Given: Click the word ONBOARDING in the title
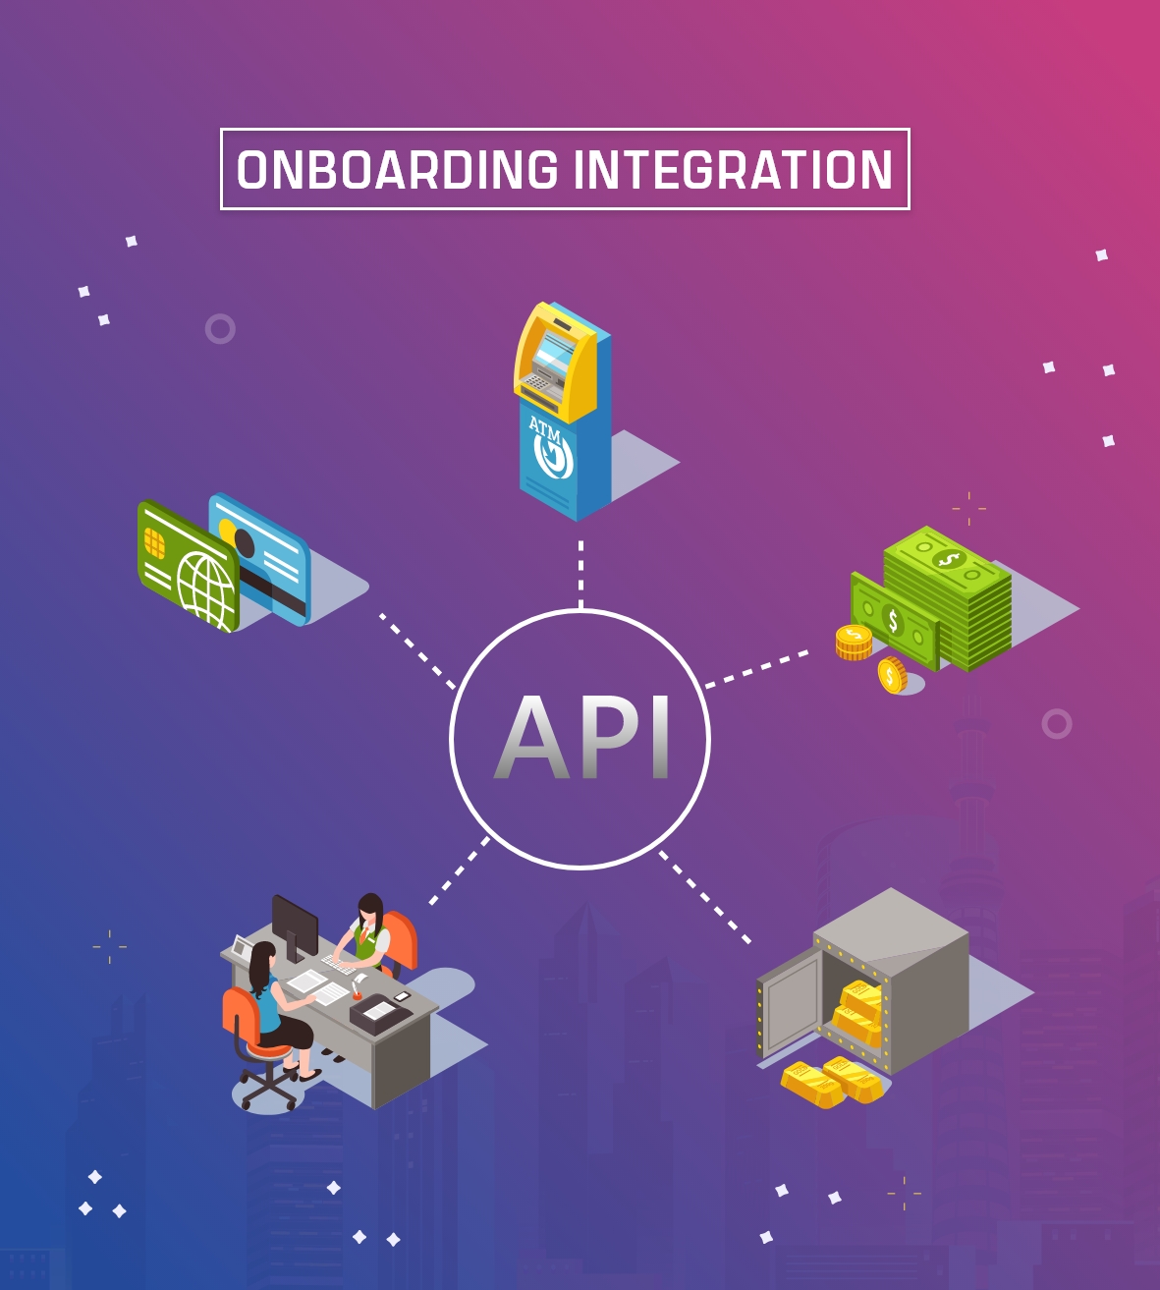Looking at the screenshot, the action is (398, 170).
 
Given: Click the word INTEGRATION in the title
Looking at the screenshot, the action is (733, 170).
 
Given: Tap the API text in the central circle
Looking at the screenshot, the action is (581, 738).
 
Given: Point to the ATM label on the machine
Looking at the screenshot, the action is (544, 428).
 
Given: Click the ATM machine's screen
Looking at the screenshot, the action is (556, 351).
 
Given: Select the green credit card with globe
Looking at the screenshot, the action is (189, 568).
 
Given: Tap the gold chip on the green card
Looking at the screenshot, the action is (154, 541).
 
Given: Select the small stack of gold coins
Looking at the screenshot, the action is (854, 642).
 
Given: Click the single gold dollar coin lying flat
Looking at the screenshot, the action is (892, 675).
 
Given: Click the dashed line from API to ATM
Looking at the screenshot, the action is (580, 574).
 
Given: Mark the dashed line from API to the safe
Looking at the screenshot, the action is (705, 897).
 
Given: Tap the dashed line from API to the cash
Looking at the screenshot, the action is (756, 668).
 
